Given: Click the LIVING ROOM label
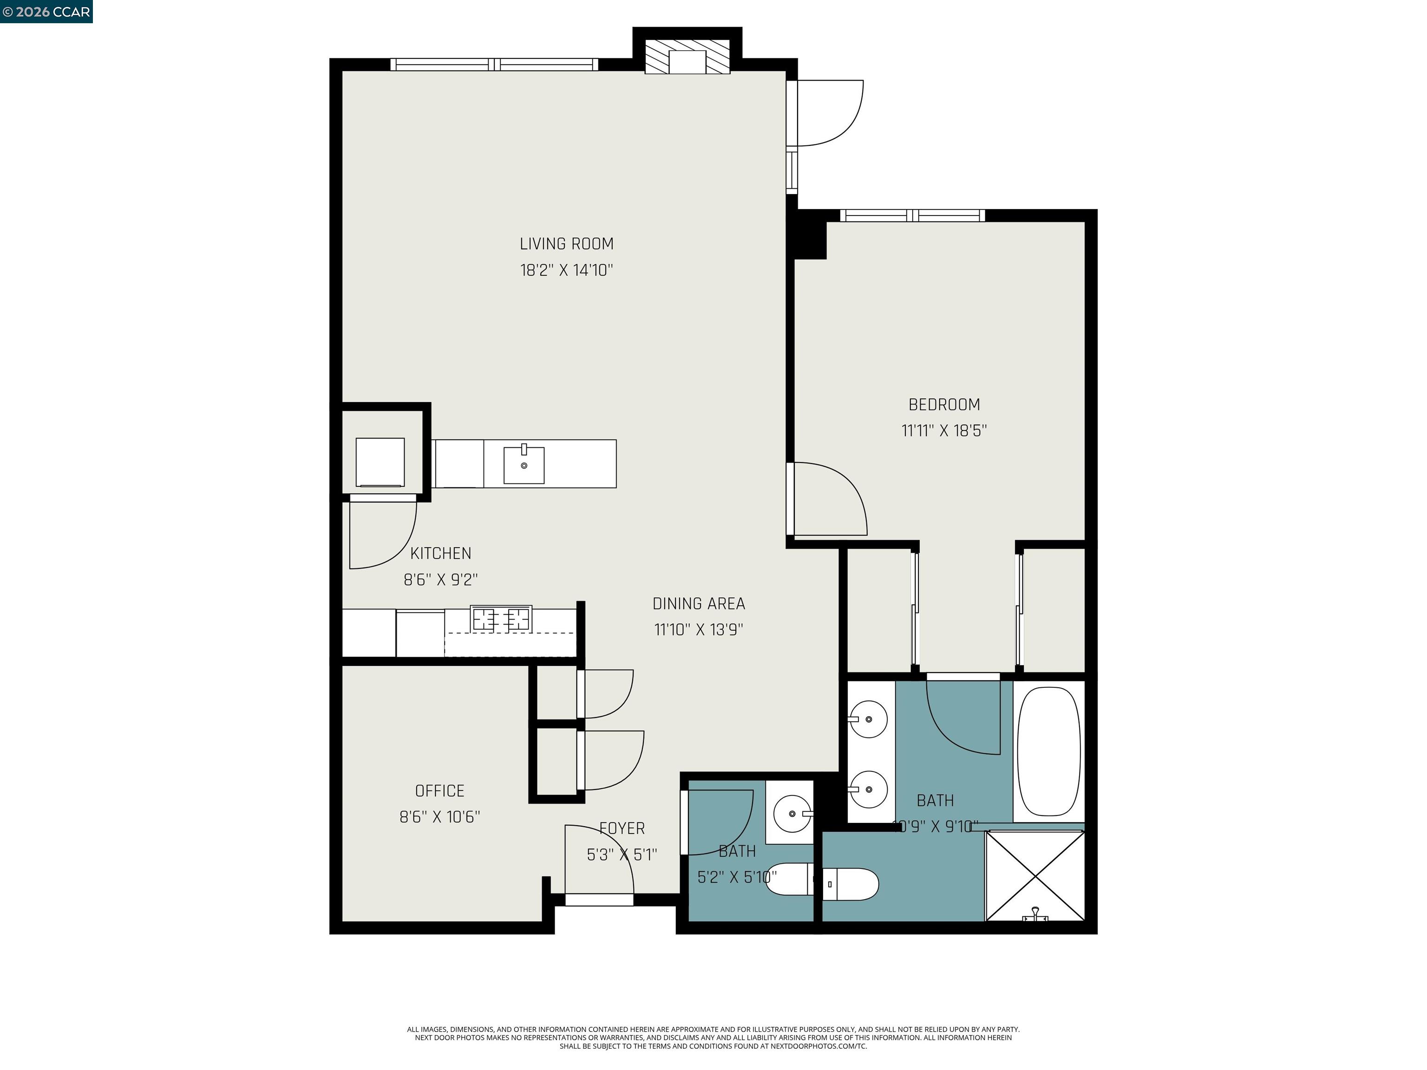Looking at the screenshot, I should (566, 244).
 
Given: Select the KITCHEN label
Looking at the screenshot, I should (441, 554).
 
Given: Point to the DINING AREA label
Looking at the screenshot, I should (699, 604).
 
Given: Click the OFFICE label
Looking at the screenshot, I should (439, 791).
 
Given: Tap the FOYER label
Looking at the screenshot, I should (622, 828).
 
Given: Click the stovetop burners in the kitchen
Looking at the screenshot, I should (501, 619).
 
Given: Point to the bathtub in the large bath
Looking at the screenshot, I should (1048, 751).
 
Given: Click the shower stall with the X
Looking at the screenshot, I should (1035, 876).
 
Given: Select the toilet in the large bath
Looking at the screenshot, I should (851, 884).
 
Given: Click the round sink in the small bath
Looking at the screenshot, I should (792, 814).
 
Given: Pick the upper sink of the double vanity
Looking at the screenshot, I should (868, 718).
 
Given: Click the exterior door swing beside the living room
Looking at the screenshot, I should (829, 113).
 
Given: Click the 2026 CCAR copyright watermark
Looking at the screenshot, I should (46, 12).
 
